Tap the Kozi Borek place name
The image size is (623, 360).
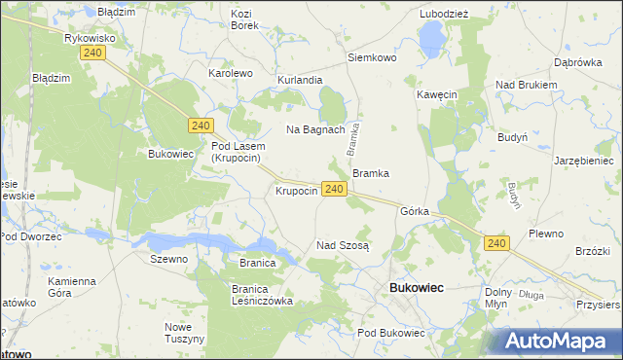click(244, 19)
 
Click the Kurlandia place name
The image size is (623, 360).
click(300, 79)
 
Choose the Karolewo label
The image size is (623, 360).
click(231, 73)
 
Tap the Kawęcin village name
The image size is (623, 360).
click(437, 94)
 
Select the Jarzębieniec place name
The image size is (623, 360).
click(584, 161)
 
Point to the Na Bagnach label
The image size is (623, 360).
click(315, 129)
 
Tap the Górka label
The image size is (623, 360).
click(415, 210)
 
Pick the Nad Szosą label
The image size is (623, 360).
click(343, 245)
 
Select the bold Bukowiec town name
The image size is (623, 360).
click(417, 288)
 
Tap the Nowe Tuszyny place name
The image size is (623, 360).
click(184, 333)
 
